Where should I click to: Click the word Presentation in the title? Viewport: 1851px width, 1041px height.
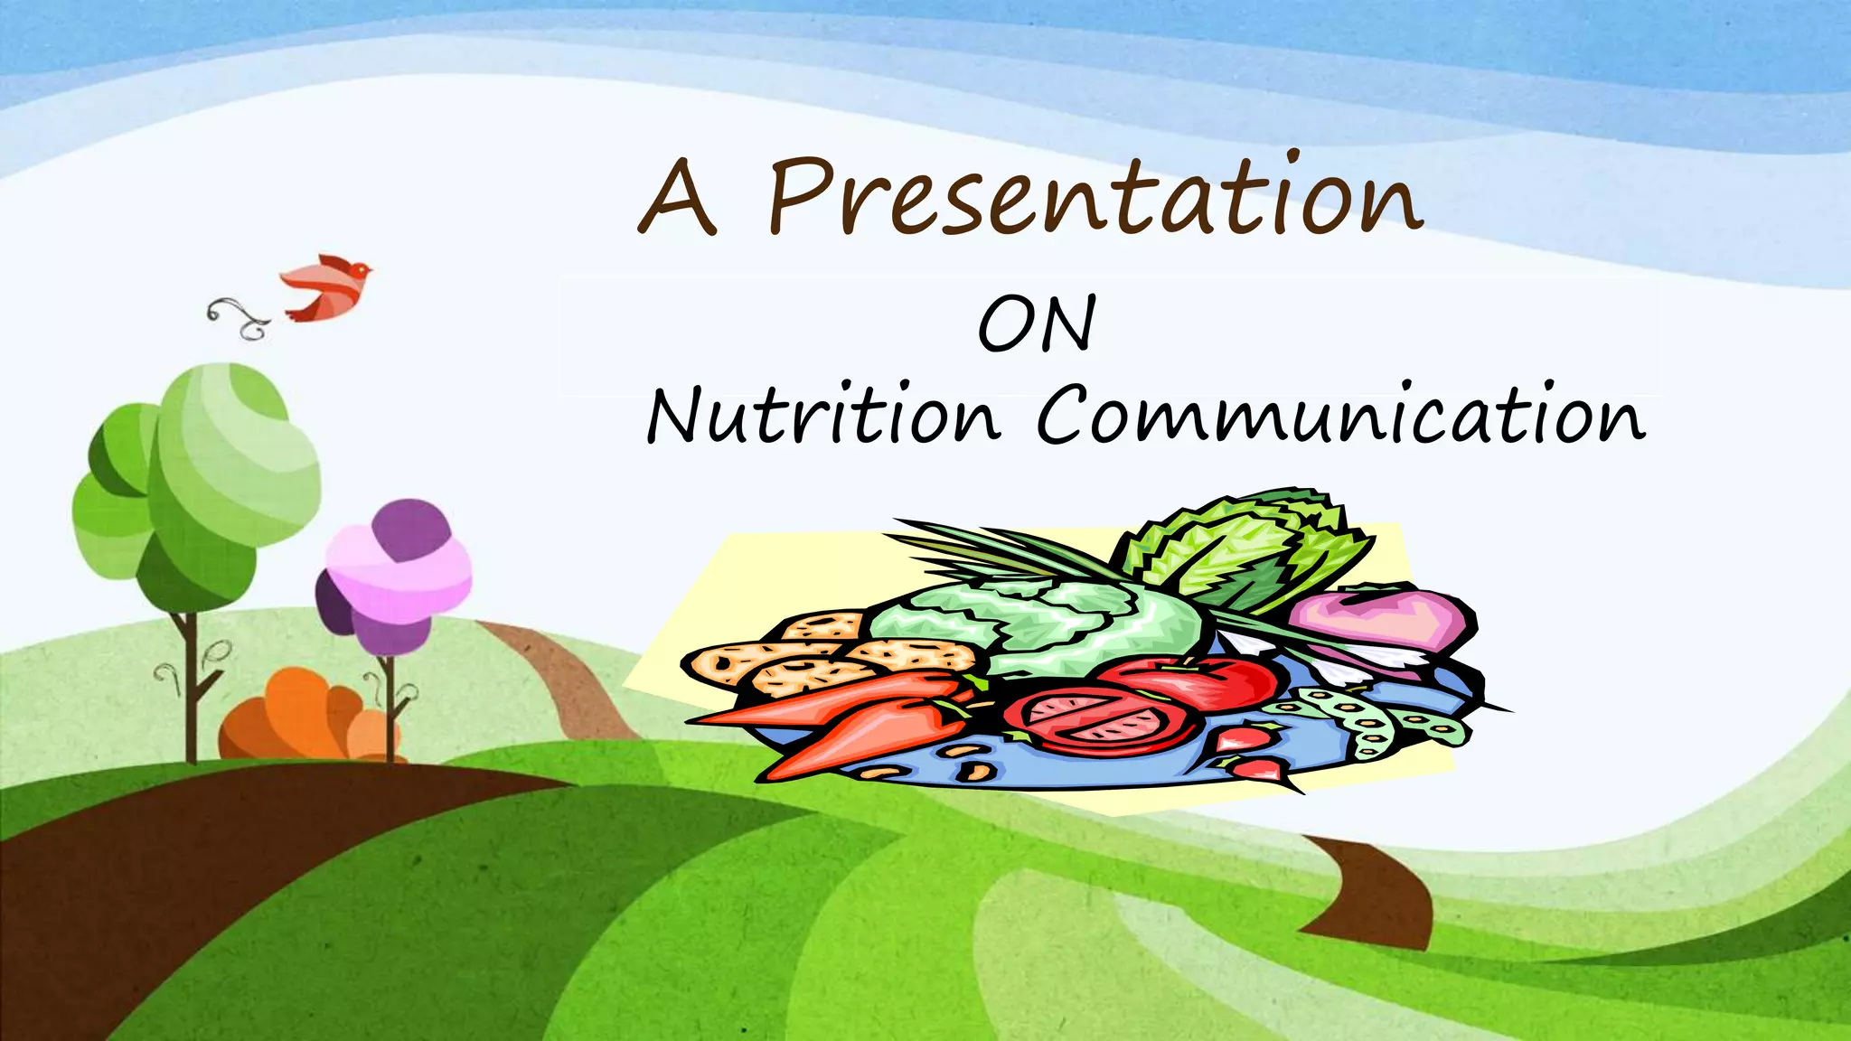tap(1094, 197)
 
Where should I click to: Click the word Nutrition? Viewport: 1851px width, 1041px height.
tap(823, 417)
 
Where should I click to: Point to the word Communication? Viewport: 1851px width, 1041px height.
tap(1340, 417)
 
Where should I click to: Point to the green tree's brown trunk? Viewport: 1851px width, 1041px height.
tap(191, 687)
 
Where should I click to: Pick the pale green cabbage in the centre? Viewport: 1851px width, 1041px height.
tap(1039, 624)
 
